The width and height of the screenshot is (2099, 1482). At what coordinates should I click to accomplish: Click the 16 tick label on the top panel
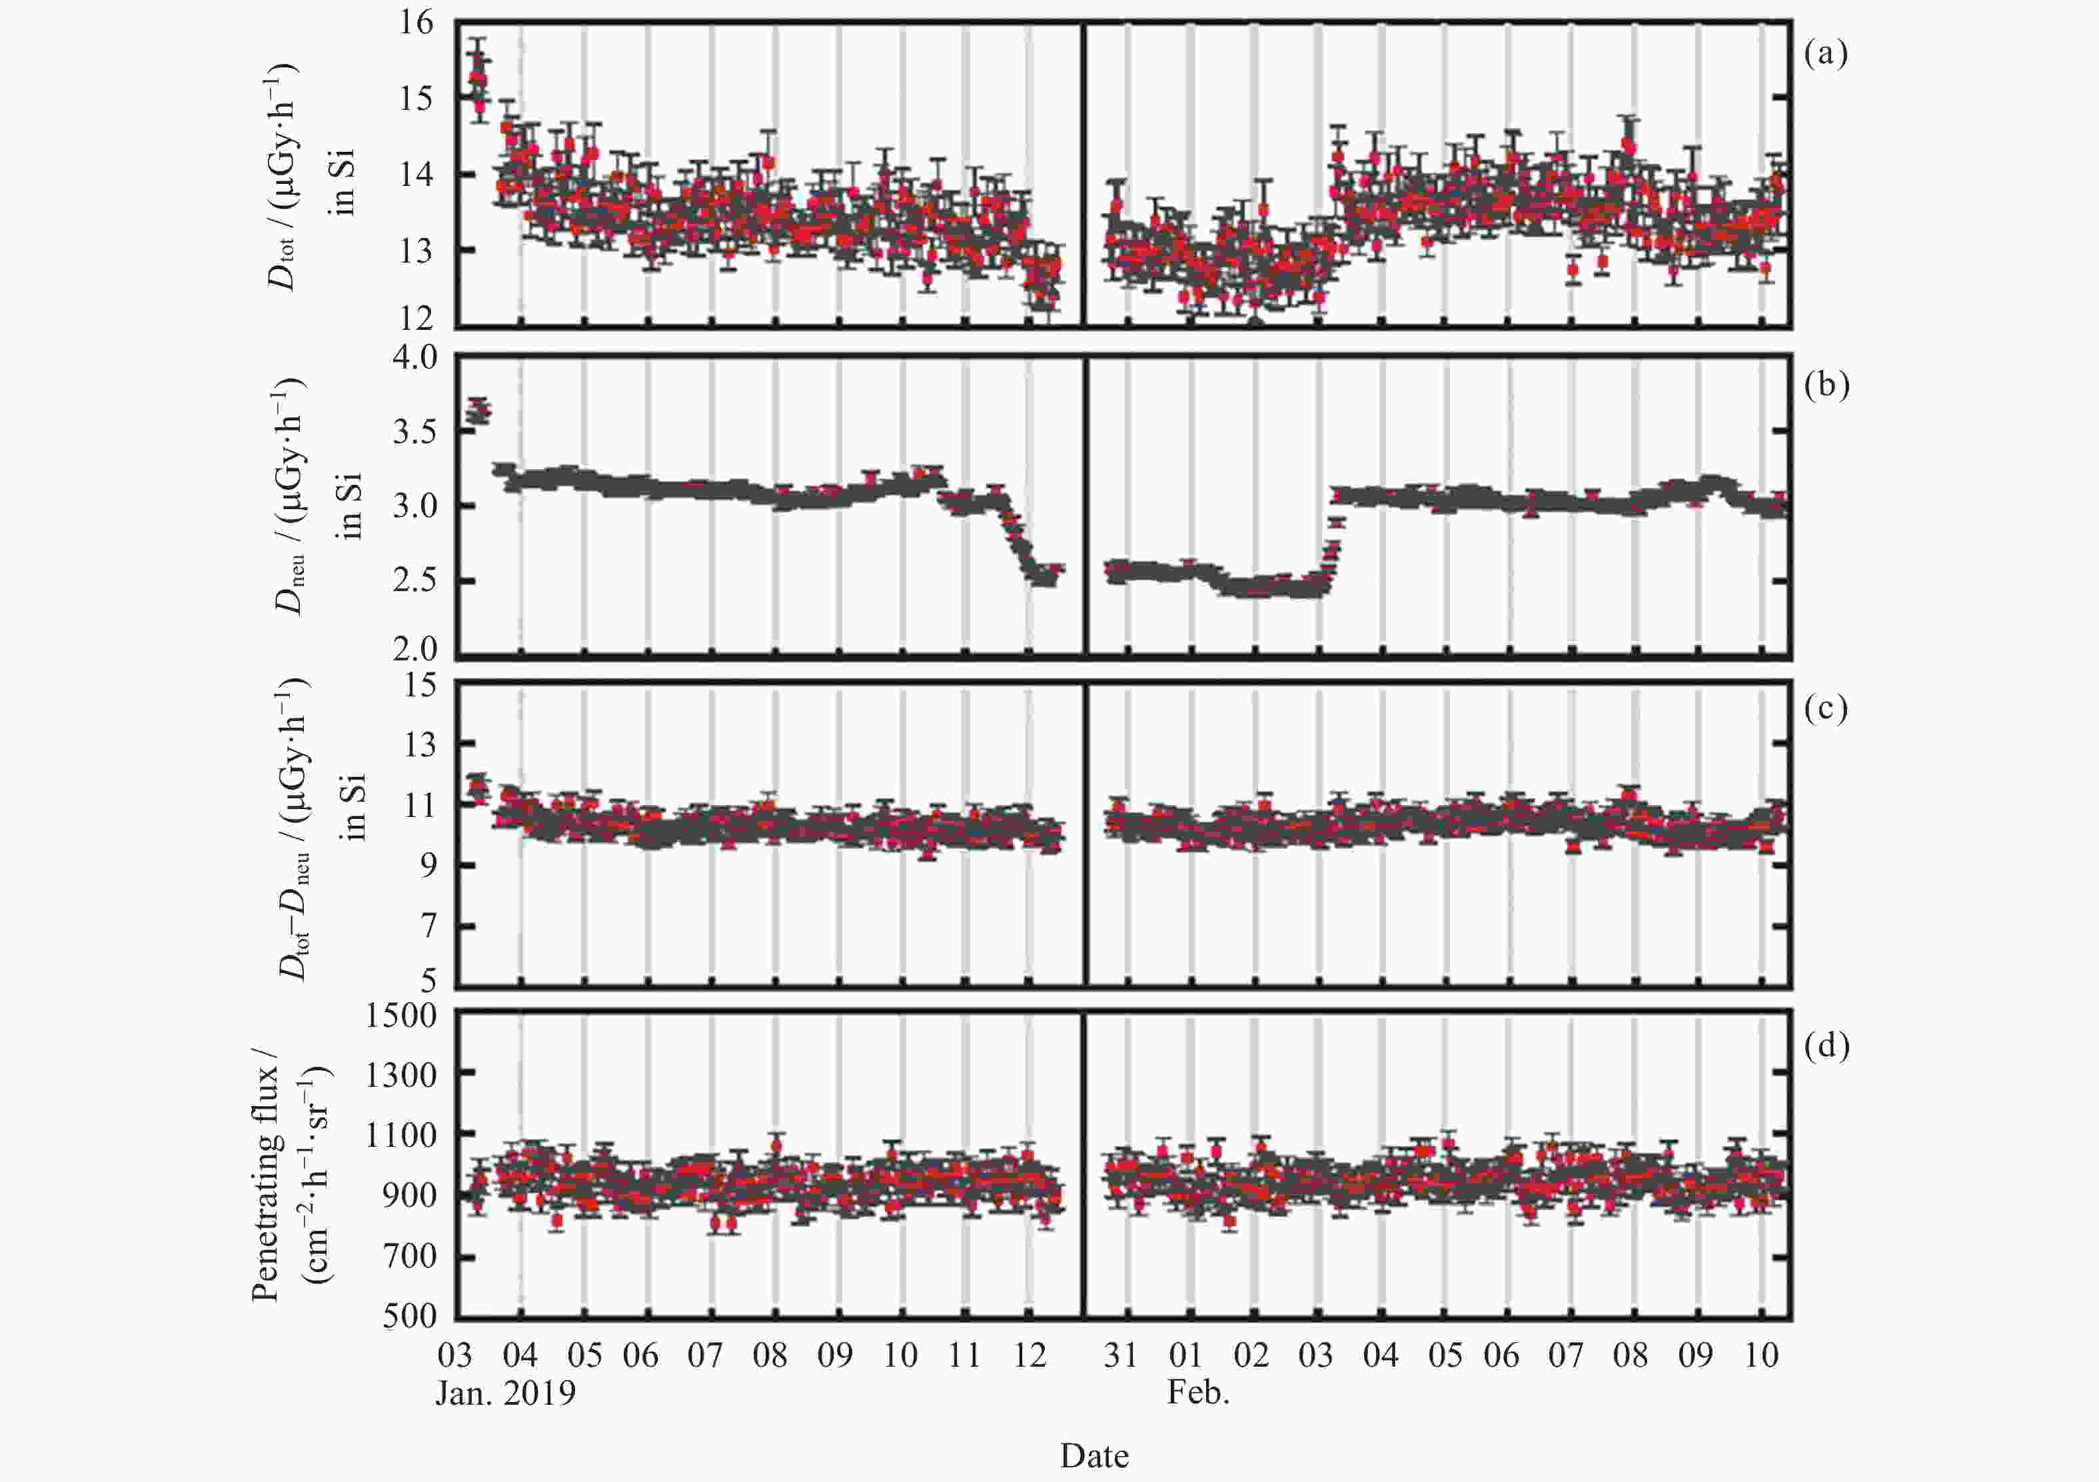pyautogui.click(x=415, y=23)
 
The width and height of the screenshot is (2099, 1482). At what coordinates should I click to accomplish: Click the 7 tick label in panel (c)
pyautogui.click(x=428, y=926)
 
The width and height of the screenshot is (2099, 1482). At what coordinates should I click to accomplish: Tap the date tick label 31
pyautogui.click(x=1121, y=1354)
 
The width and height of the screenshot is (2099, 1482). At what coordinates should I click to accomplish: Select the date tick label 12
pyautogui.click(x=1030, y=1354)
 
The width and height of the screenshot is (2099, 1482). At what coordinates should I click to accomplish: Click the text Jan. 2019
pyautogui.click(x=506, y=1393)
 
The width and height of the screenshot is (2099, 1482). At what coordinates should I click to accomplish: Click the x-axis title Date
pyautogui.click(x=1094, y=1455)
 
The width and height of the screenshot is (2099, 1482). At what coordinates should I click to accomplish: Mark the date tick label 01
pyautogui.click(x=1185, y=1354)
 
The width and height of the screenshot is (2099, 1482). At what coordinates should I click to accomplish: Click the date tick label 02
pyautogui.click(x=1251, y=1354)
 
